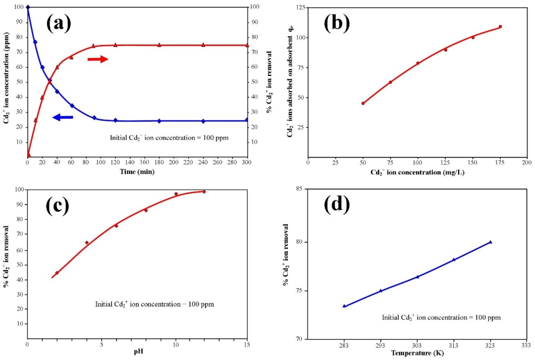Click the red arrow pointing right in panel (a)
(x=98, y=59)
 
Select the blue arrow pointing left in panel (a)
(x=63, y=117)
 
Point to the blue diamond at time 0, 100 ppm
(x=28, y=7)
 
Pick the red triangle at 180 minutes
(x=159, y=45)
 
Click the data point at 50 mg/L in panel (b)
(x=363, y=103)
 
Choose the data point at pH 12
(x=204, y=192)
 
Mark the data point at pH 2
(x=57, y=273)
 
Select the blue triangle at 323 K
(x=490, y=242)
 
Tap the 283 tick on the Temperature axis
(x=344, y=345)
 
